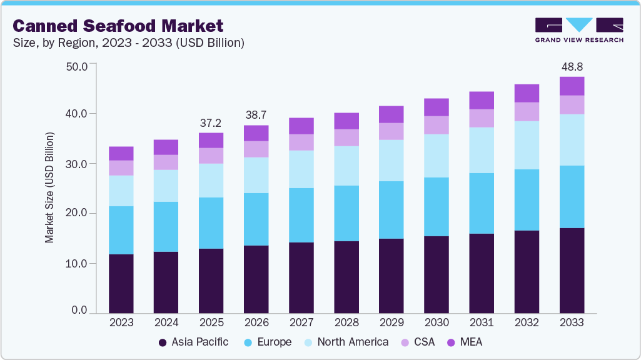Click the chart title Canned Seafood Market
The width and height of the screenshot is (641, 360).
(118, 26)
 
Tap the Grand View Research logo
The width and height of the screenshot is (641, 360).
(579, 30)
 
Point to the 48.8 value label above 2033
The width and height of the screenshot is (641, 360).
(571, 66)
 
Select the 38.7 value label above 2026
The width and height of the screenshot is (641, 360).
(256, 115)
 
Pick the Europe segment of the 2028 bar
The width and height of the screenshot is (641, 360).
(346, 213)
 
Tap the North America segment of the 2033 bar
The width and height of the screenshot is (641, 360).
(571, 139)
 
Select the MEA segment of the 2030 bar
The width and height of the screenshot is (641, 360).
(436, 107)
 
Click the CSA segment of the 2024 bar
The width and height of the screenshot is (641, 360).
(166, 162)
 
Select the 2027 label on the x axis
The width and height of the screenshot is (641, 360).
(301, 323)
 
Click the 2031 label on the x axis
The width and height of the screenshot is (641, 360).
(481, 323)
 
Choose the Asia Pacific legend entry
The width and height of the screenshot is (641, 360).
(194, 342)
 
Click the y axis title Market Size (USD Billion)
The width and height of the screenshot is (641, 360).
(49, 187)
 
